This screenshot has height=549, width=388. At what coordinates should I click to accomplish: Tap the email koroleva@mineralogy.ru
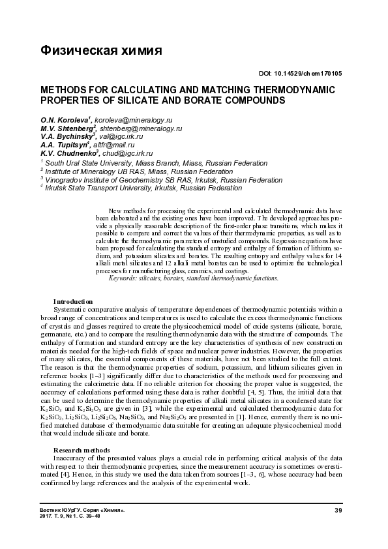point(134,121)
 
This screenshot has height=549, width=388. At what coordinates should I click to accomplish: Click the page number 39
point(338,509)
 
